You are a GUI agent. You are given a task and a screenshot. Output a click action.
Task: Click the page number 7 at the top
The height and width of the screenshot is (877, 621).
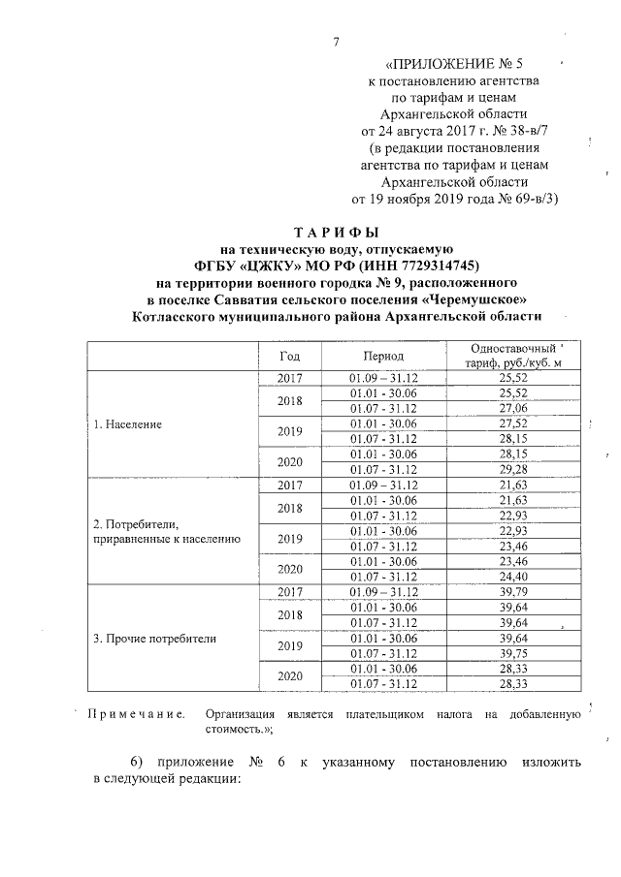click(336, 42)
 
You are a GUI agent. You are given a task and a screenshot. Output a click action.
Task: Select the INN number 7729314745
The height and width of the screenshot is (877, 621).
click(433, 266)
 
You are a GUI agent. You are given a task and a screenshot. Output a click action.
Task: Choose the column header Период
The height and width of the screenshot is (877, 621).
click(383, 357)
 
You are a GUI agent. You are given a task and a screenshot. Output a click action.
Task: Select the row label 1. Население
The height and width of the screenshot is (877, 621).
click(126, 424)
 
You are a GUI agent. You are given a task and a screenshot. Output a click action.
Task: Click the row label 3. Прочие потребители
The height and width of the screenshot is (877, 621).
click(154, 639)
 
